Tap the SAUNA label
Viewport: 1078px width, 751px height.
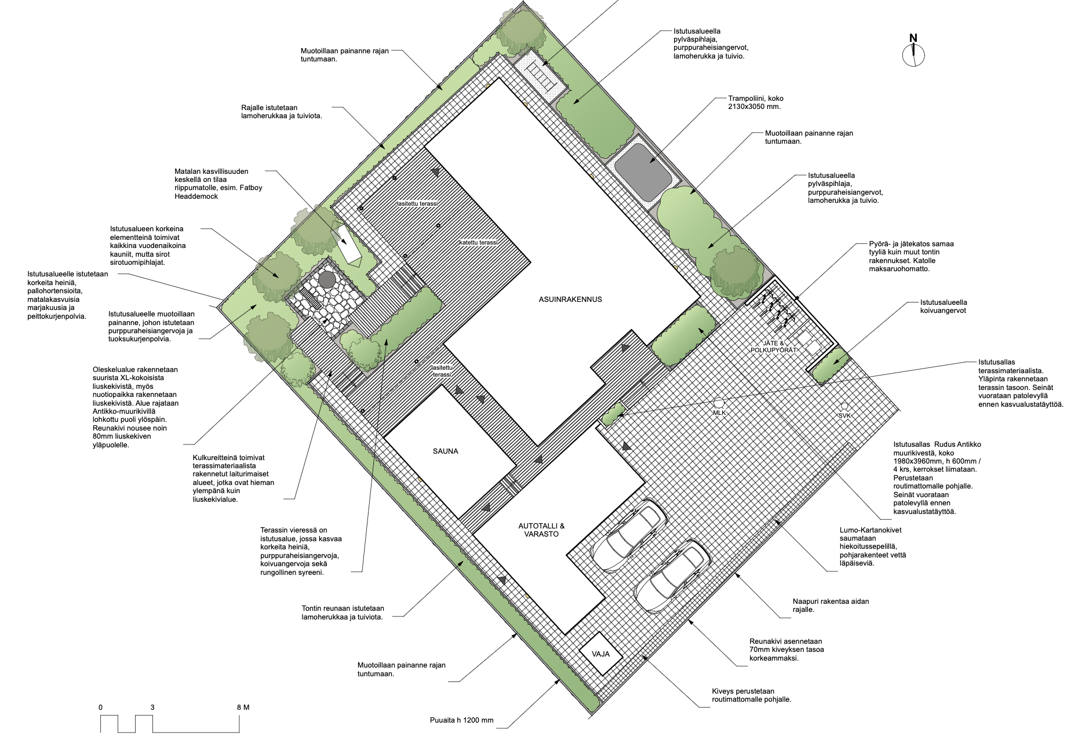click(445, 451)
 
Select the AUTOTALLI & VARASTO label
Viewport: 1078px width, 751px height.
click(541, 530)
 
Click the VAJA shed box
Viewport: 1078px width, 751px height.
click(601, 654)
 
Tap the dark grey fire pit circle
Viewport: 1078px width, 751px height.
click(326, 280)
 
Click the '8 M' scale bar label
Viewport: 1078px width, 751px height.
click(243, 708)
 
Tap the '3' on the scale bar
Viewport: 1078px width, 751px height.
click(152, 708)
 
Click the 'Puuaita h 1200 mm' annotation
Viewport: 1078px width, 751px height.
click(462, 720)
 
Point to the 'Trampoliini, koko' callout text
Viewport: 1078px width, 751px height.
click(756, 99)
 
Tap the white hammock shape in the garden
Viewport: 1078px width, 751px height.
click(347, 244)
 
